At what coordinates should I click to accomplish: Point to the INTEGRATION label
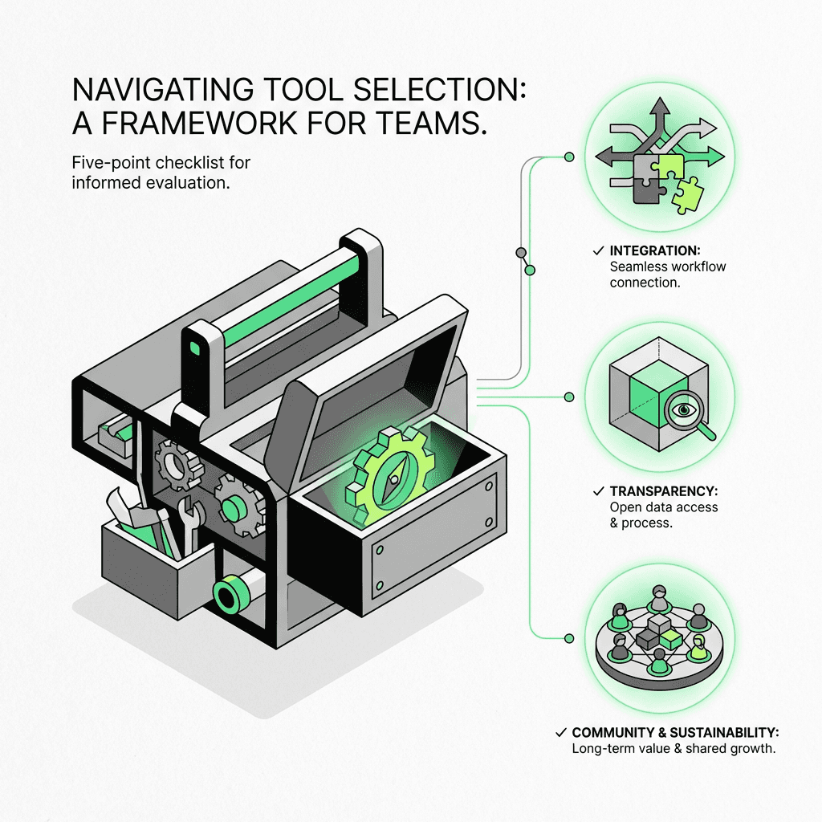pos(654,250)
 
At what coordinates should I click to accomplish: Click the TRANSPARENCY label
pos(661,491)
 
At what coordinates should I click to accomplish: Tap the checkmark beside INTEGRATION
pos(596,250)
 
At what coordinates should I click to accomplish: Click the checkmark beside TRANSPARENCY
pos(596,491)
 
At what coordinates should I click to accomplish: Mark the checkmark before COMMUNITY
pos(560,733)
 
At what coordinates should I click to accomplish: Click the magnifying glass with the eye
pos(684,411)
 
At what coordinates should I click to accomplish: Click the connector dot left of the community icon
pos(569,638)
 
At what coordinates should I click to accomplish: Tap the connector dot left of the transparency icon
pos(569,397)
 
